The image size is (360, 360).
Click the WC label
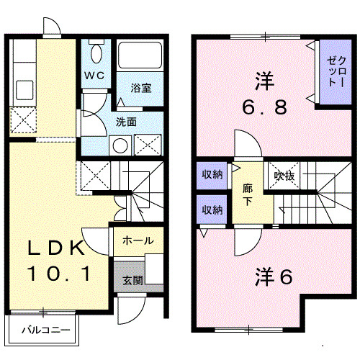(94, 75)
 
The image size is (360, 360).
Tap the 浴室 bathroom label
(140, 88)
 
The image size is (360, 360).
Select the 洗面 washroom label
(127, 121)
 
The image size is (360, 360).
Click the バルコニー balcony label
(45, 331)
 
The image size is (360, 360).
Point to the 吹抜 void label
(281, 175)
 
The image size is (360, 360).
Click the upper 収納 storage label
(212, 175)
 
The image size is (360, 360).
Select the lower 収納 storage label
(212, 210)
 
